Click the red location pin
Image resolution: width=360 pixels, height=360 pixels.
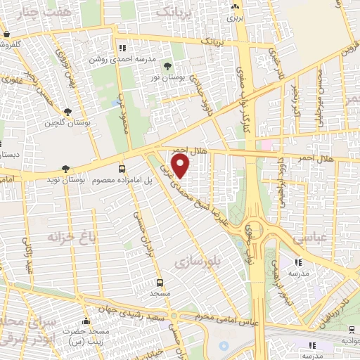181,165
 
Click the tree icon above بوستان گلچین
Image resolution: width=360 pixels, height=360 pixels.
67,112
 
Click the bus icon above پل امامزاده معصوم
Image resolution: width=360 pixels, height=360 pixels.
122,169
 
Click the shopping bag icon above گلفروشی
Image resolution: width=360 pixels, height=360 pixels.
6,34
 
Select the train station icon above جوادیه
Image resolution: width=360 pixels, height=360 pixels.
349,330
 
